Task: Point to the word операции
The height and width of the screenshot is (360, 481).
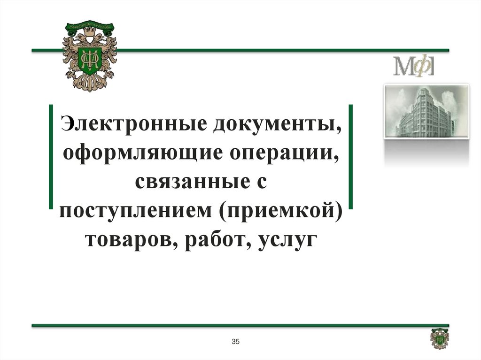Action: pyautogui.click(x=282, y=153)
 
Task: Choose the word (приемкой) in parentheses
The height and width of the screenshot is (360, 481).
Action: pyautogui.click(x=279, y=210)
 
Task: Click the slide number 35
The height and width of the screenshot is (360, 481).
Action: pyautogui.click(x=236, y=341)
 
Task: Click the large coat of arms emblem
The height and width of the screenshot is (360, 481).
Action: pyautogui.click(x=89, y=55)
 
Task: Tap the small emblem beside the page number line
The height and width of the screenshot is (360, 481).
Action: pyautogui.click(x=440, y=338)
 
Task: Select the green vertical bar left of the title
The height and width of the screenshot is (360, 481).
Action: pyautogui.click(x=51, y=156)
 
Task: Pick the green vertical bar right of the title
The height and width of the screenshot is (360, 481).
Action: pyautogui.click(x=350, y=156)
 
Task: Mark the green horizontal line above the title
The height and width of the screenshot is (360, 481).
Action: pyautogui.click(x=282, y=50)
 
